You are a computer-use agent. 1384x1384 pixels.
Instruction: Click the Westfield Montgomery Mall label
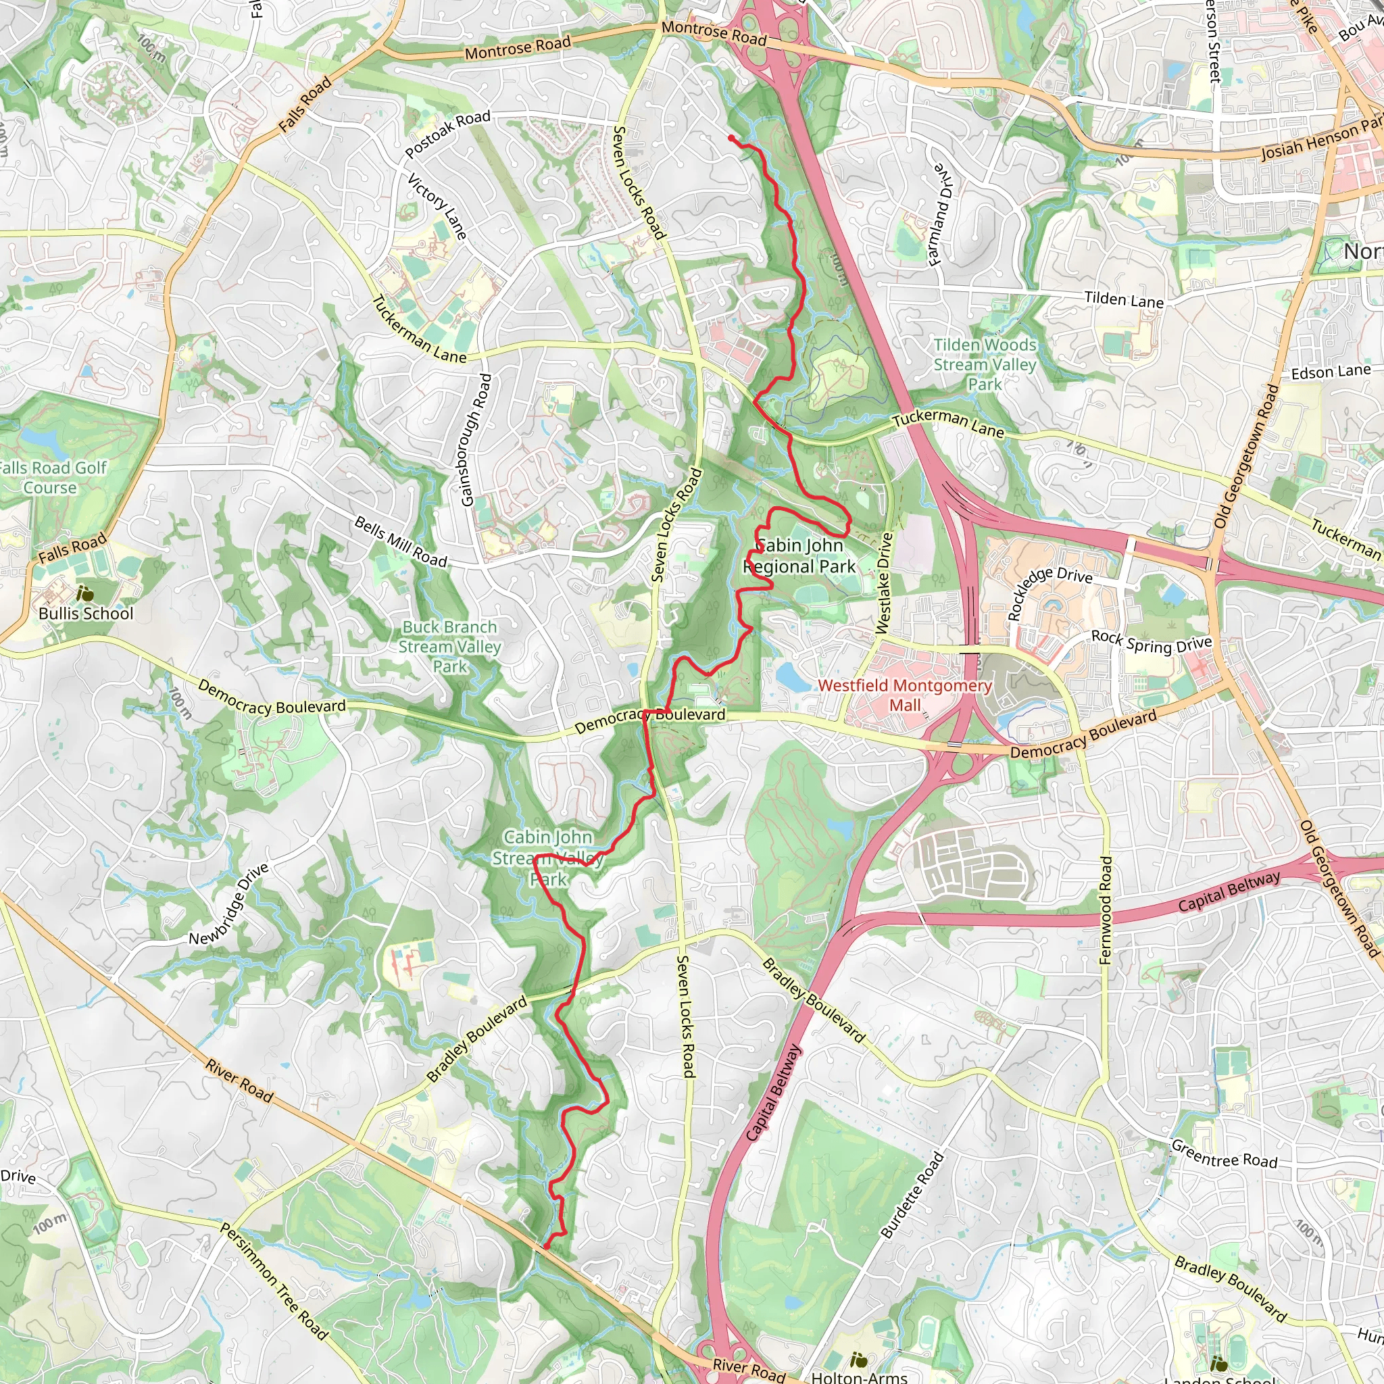point(905,695)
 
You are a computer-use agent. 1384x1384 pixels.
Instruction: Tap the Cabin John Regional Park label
point(799,556)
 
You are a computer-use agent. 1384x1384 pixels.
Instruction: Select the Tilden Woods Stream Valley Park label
point(985,364)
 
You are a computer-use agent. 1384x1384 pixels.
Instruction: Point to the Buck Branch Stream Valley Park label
point(450,646)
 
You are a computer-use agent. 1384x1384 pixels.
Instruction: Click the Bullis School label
point(86,613)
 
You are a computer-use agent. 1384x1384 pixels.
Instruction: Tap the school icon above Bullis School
point(84,593)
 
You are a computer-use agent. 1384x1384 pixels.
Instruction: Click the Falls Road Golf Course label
point(51,478)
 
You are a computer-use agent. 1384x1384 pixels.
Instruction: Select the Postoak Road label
point(448,134)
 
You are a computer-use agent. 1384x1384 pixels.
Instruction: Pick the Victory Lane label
point(437,206)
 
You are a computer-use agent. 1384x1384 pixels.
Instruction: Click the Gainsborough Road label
point(476,440)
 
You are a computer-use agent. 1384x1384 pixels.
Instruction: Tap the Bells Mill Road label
point(401,542)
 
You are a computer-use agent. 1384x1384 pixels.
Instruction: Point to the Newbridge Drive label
point(229,904)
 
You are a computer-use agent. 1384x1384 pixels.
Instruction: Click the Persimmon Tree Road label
point(274,1281)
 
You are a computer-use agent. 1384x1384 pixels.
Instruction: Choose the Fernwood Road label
point(1106,910)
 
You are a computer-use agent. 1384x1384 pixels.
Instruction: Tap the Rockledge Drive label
point(1049,593)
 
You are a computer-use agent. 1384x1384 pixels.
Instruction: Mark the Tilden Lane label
point(1123,299)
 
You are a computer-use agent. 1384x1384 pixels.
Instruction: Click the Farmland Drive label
point(942,214)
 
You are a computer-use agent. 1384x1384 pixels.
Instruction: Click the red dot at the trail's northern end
point(731,139)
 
